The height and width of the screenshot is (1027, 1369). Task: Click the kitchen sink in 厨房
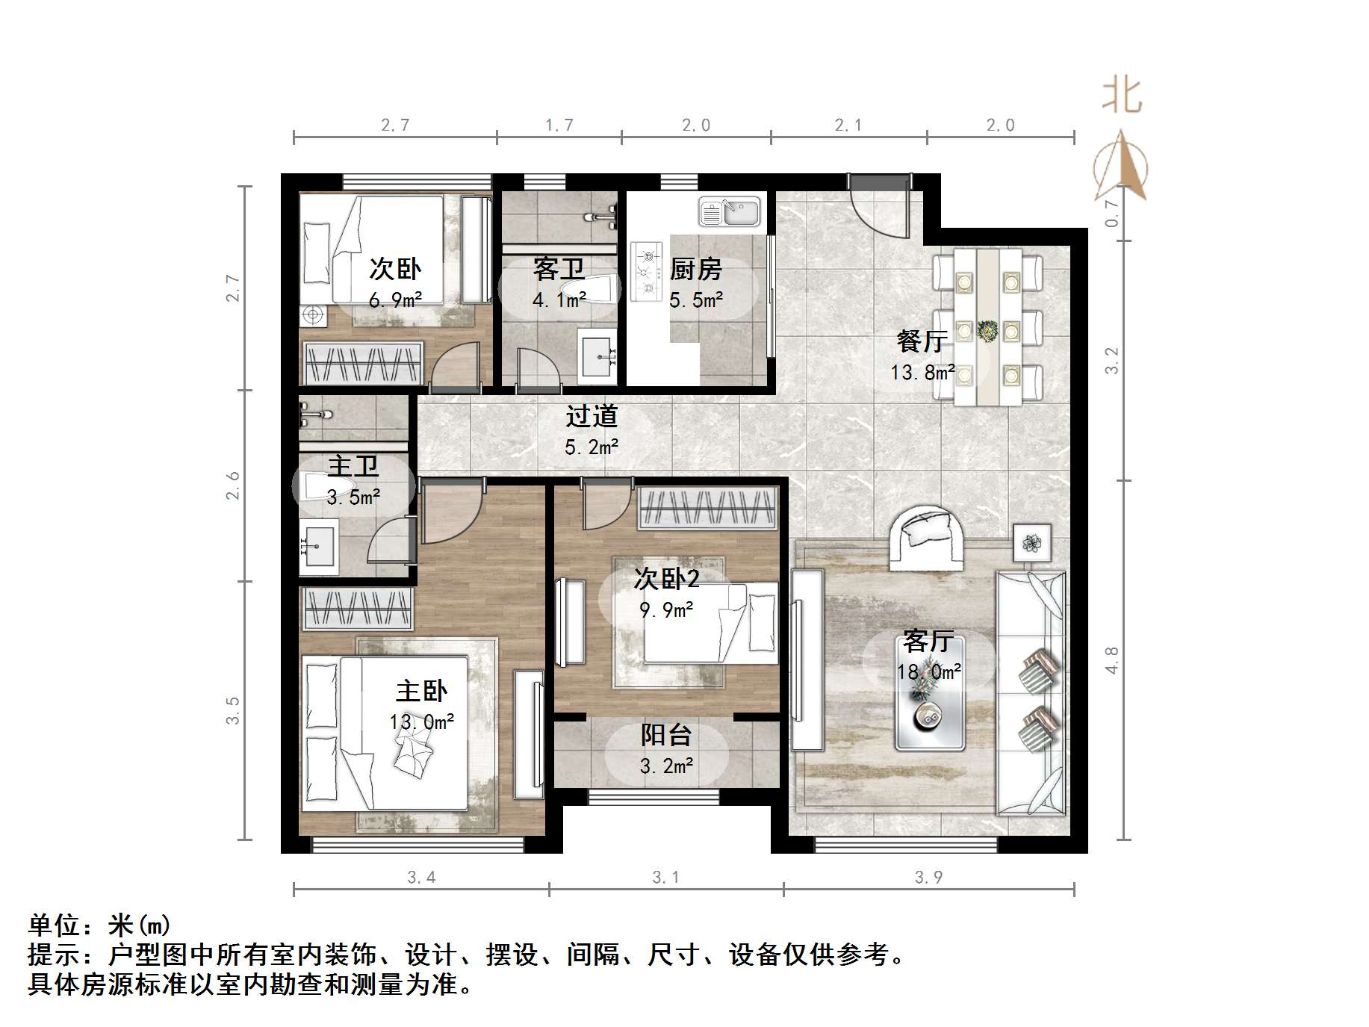[x=729, y=211]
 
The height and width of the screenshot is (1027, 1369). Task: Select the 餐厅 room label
[x=922, y=341]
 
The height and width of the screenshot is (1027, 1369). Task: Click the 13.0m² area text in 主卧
[x=421, y=722]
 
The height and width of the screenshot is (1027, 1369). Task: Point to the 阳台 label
[x=665, y=735]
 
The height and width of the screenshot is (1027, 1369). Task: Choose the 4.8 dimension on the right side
[x=1112, y=660]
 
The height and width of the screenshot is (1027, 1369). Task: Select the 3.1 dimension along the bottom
[x=665, y=877]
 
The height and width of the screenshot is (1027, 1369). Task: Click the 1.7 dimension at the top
[x=559, y=125]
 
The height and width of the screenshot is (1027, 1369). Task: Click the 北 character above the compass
[x=1122, y=96]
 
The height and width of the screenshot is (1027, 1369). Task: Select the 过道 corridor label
[x=591, y=416]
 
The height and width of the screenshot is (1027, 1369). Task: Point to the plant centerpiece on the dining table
[x=988, y=329]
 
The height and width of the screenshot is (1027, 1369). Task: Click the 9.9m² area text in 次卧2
[x=666, y=610]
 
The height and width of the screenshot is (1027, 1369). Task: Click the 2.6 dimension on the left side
[x=233, y=485]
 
